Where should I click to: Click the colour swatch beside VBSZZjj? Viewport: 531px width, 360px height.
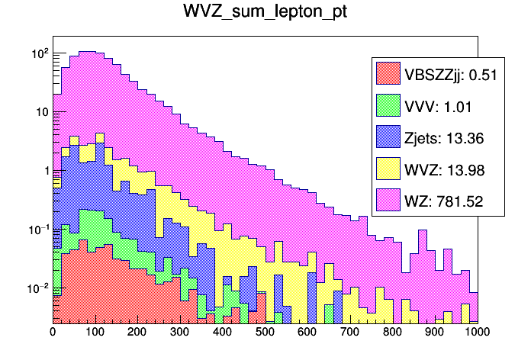pos(388,73)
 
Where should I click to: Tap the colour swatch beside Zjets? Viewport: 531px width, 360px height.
pos(388,137)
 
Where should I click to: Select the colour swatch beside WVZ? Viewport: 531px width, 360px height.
pos(388,169)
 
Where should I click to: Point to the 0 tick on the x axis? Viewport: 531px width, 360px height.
pos(53,333)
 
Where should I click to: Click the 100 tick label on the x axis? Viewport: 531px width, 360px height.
pos(95,333)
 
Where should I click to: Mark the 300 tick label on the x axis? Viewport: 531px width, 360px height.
pos(180,333)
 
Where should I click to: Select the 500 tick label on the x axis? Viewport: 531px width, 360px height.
pos(265,333)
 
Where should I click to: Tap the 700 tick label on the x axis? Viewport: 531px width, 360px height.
pos(350,333)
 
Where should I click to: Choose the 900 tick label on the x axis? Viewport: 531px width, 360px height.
pos(435,333)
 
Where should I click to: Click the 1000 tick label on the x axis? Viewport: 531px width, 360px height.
pos(476,333)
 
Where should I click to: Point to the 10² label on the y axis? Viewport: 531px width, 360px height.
pos(39,53)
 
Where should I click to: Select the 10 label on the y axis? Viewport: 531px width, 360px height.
pos(41,112)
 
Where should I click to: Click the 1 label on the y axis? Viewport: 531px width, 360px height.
pos(44,171)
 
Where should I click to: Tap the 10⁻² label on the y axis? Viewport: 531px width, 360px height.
pos(37,288)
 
